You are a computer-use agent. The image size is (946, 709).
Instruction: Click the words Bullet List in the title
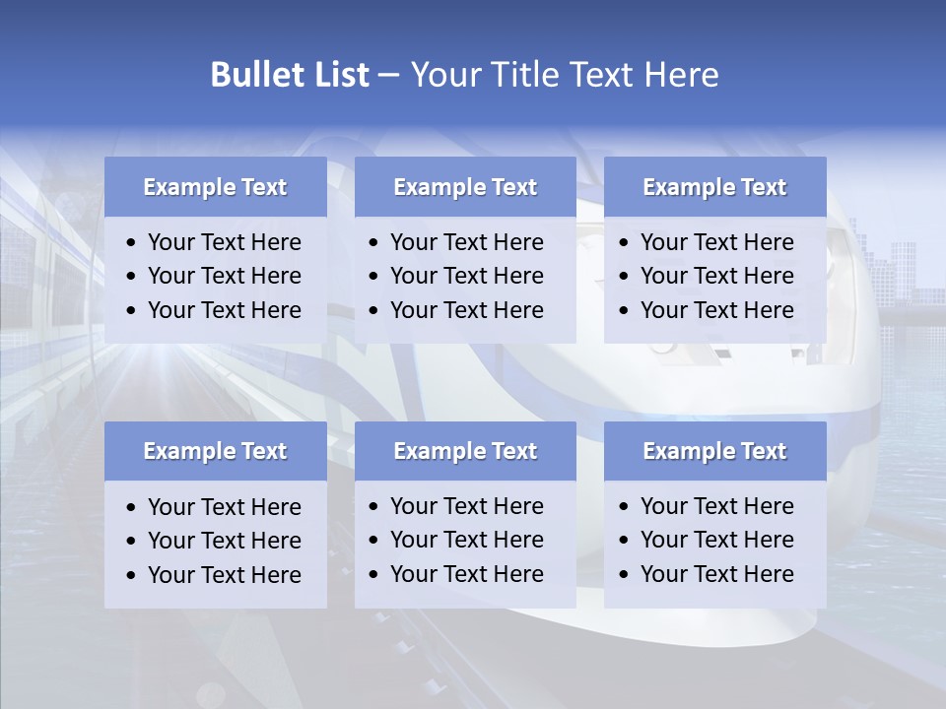click(x=290, y=75)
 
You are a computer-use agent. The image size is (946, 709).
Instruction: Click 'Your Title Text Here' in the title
click(x=564, y=75)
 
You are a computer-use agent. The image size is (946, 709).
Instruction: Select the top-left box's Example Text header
click(x=215, y=187)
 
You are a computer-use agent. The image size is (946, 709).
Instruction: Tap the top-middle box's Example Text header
click(x=465, y=187)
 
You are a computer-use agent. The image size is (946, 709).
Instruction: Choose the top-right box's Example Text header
click(x=714, y=187)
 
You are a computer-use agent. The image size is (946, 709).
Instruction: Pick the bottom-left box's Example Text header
click(x=215, y=451)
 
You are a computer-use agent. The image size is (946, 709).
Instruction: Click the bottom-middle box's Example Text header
click(x=465, y=451)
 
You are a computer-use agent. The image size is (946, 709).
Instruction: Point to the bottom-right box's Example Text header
click(x=714, y=451)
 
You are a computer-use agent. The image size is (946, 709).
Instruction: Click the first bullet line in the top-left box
click(x=224, y=242)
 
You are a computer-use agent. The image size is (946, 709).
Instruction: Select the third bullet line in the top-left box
click(x=224, y=310)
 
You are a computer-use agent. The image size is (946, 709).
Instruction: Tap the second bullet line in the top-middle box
click(x=466, y=276)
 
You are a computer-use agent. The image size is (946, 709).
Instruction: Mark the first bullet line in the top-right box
click(x=716, y=242)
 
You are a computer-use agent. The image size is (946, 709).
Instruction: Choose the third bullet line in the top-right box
click(x=716, y=310)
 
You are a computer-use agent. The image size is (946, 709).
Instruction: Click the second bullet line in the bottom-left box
click(x=224, y=541)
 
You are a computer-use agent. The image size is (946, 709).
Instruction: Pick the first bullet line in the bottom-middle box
click(x=466, y=506)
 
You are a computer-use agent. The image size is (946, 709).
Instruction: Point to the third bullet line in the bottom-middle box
click(x=466, y=574)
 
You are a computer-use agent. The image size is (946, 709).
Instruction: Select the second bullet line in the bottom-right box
click(x=716, y=540)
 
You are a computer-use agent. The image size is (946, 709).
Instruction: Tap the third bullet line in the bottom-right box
click(x=716, y=574)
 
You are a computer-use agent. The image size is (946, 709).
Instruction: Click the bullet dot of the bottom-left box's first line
click(x=132, y=508)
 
